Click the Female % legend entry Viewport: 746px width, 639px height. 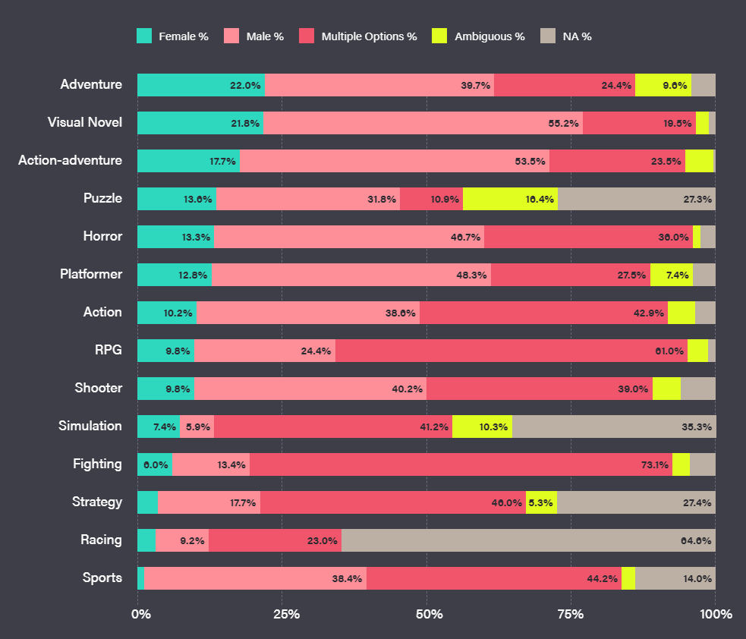(172, 36)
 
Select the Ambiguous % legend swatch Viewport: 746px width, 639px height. (439, 36)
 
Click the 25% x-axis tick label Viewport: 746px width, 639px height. (283, 613)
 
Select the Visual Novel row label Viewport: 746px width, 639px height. (84, 122)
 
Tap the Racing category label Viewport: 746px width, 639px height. (101, 540)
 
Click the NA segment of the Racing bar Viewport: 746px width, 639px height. (528, 540)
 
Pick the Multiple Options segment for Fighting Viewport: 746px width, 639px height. (461, 464)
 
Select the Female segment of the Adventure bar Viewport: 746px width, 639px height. (201, 85)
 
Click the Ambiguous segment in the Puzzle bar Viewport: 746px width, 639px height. (510, 199)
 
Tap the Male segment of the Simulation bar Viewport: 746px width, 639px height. (197, 427)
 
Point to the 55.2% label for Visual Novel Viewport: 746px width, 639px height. (564, 123)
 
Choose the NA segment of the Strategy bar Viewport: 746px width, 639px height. (636, 502)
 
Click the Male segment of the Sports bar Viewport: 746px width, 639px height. (255, 578)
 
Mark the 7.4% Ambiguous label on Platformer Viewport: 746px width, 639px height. (677, 275)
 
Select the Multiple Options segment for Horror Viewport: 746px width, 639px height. (588, 237)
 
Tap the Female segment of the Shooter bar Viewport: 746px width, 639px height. (165, 389)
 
